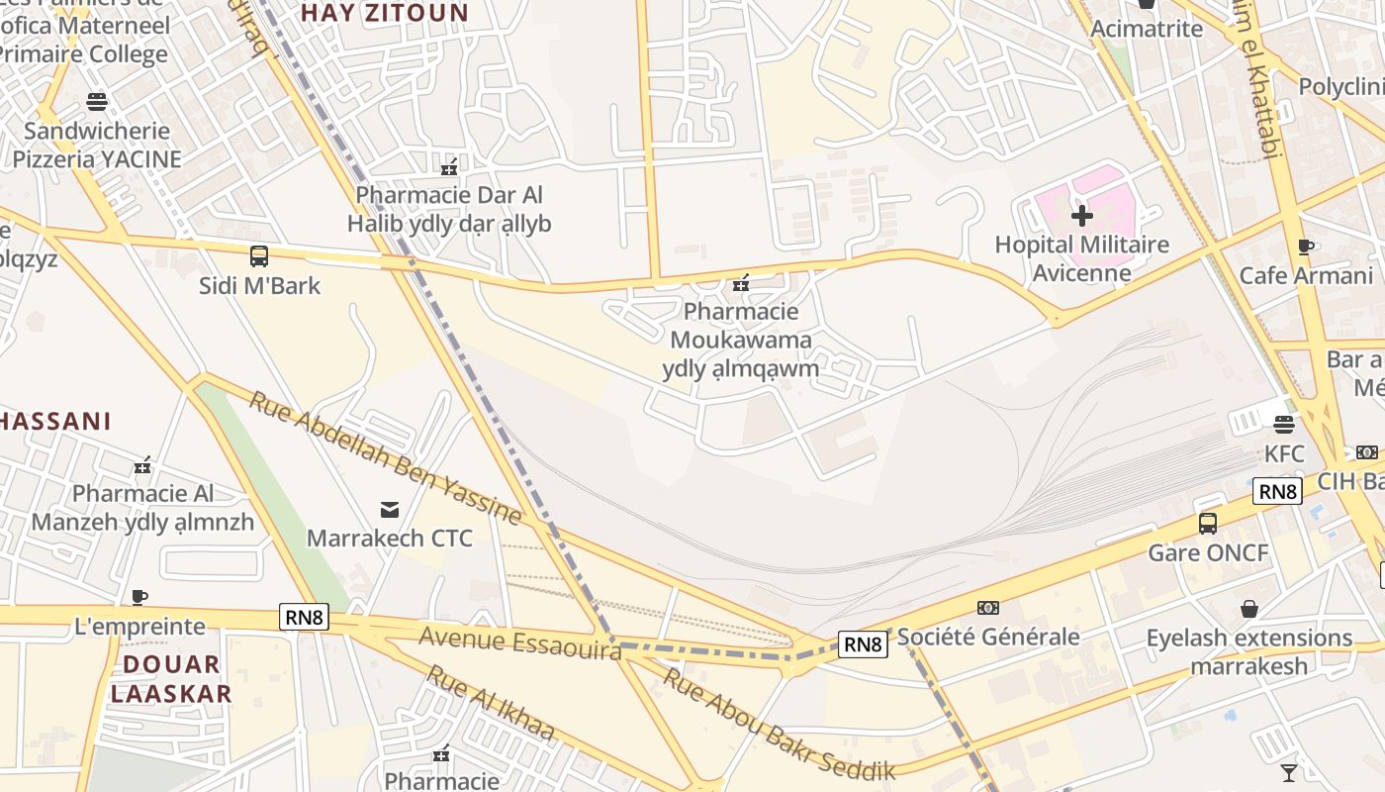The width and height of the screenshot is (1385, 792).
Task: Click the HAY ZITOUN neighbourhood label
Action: (x=384, y=12)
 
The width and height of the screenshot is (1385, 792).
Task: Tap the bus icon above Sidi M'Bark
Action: (x=259, y=256)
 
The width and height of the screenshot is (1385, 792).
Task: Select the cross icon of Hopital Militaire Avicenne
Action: (x=1082, y=215)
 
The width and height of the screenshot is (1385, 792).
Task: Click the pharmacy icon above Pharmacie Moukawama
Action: (x=741, y=284)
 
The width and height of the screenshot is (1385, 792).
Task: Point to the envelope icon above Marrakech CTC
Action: (x=390, y=510)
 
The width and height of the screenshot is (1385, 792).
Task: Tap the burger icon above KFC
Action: (x=1284, y=425)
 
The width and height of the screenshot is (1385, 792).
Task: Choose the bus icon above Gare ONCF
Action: (x=1208, y=524)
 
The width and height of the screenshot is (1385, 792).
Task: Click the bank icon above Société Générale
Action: (x=988, y=608)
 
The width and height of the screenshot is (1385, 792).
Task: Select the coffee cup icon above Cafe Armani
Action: (x=1306, y=247)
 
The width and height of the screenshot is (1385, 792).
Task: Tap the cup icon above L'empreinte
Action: (x=139, y=597)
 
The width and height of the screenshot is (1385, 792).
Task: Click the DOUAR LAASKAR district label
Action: (x=171, y=678)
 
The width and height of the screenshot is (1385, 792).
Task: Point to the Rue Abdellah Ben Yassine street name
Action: (x=385, y=457)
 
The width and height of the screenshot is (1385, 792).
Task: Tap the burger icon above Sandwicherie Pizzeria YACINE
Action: (x=97, y=101)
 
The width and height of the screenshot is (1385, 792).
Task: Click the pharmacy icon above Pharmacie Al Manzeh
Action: (x=142, y=464)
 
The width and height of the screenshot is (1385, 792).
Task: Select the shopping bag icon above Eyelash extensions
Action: (x=1249, y=608)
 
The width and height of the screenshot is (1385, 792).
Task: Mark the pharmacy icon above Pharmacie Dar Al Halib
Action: (x=449, y=165)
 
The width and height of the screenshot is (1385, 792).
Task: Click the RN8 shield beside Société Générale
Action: (x=863, y=644)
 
